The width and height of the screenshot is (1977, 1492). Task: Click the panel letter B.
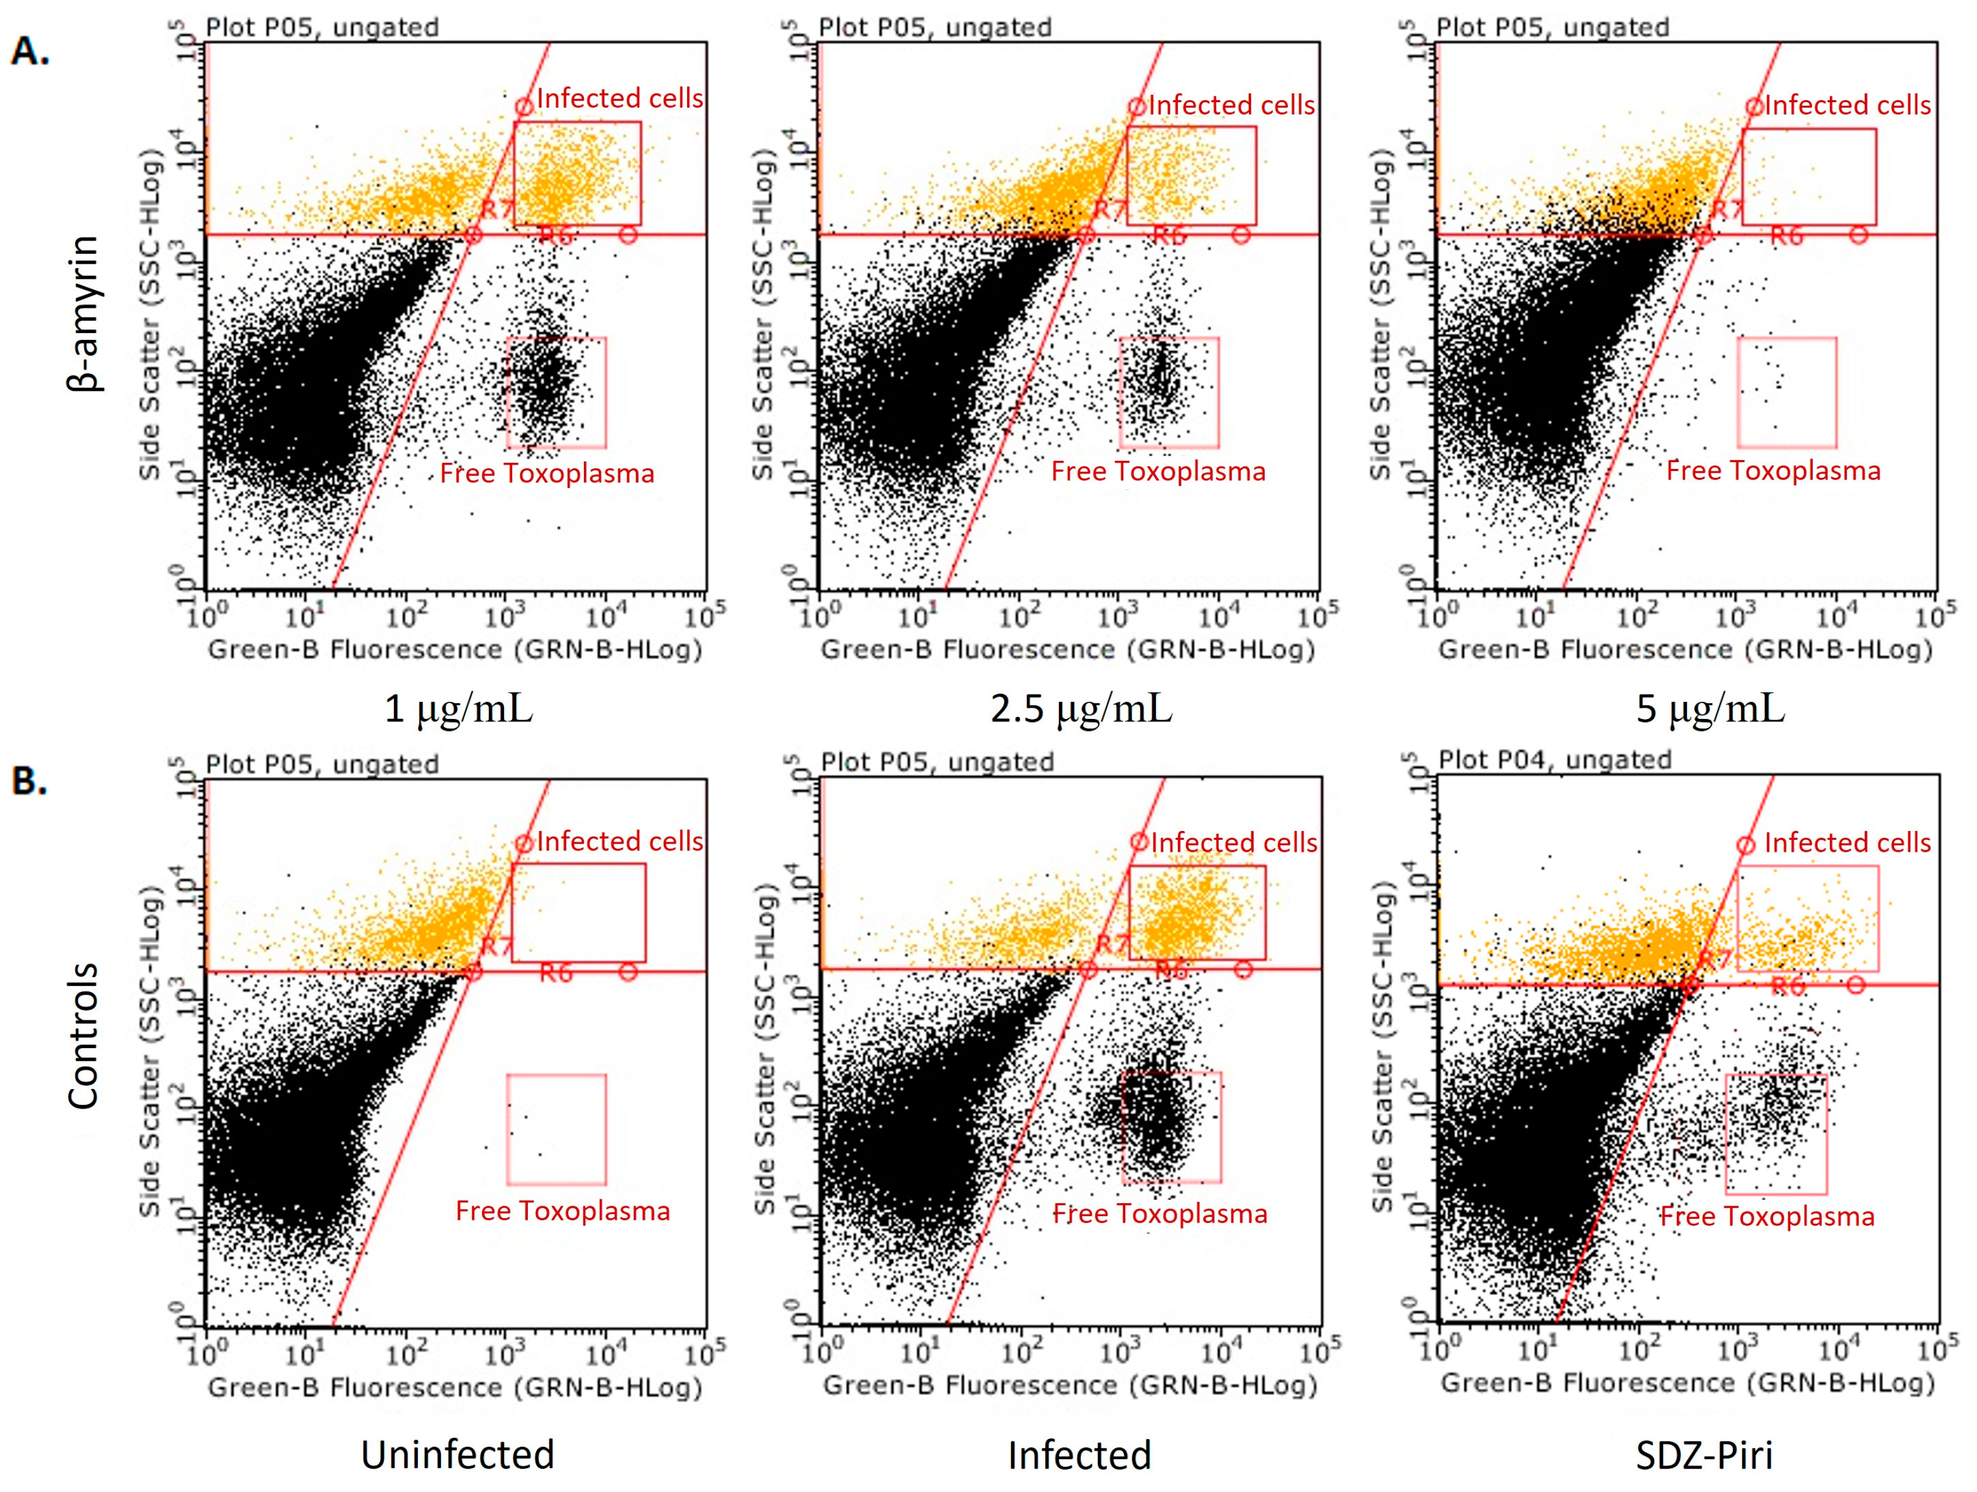click(x=28, y=781)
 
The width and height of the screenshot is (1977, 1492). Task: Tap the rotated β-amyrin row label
click(x=84, y=313)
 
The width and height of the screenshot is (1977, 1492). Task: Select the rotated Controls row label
click(x=84, y=1036)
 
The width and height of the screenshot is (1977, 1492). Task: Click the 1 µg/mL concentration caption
click(x=459, y=709)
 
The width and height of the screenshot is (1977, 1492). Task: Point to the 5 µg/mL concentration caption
click(x=1710, y=709)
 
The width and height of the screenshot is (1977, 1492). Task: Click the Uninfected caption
click(x=457, y=1454)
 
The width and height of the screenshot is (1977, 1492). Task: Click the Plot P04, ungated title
click(x=1554, y=760)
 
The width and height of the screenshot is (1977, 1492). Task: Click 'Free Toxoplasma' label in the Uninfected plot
click(x=562, y=1211)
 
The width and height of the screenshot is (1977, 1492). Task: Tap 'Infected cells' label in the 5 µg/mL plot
click(x=1847, y=106)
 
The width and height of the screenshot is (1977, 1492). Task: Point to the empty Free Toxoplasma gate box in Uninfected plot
click(x=556, y=1129)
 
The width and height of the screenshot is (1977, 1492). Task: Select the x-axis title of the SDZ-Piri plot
click(x=1686, y=1383)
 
